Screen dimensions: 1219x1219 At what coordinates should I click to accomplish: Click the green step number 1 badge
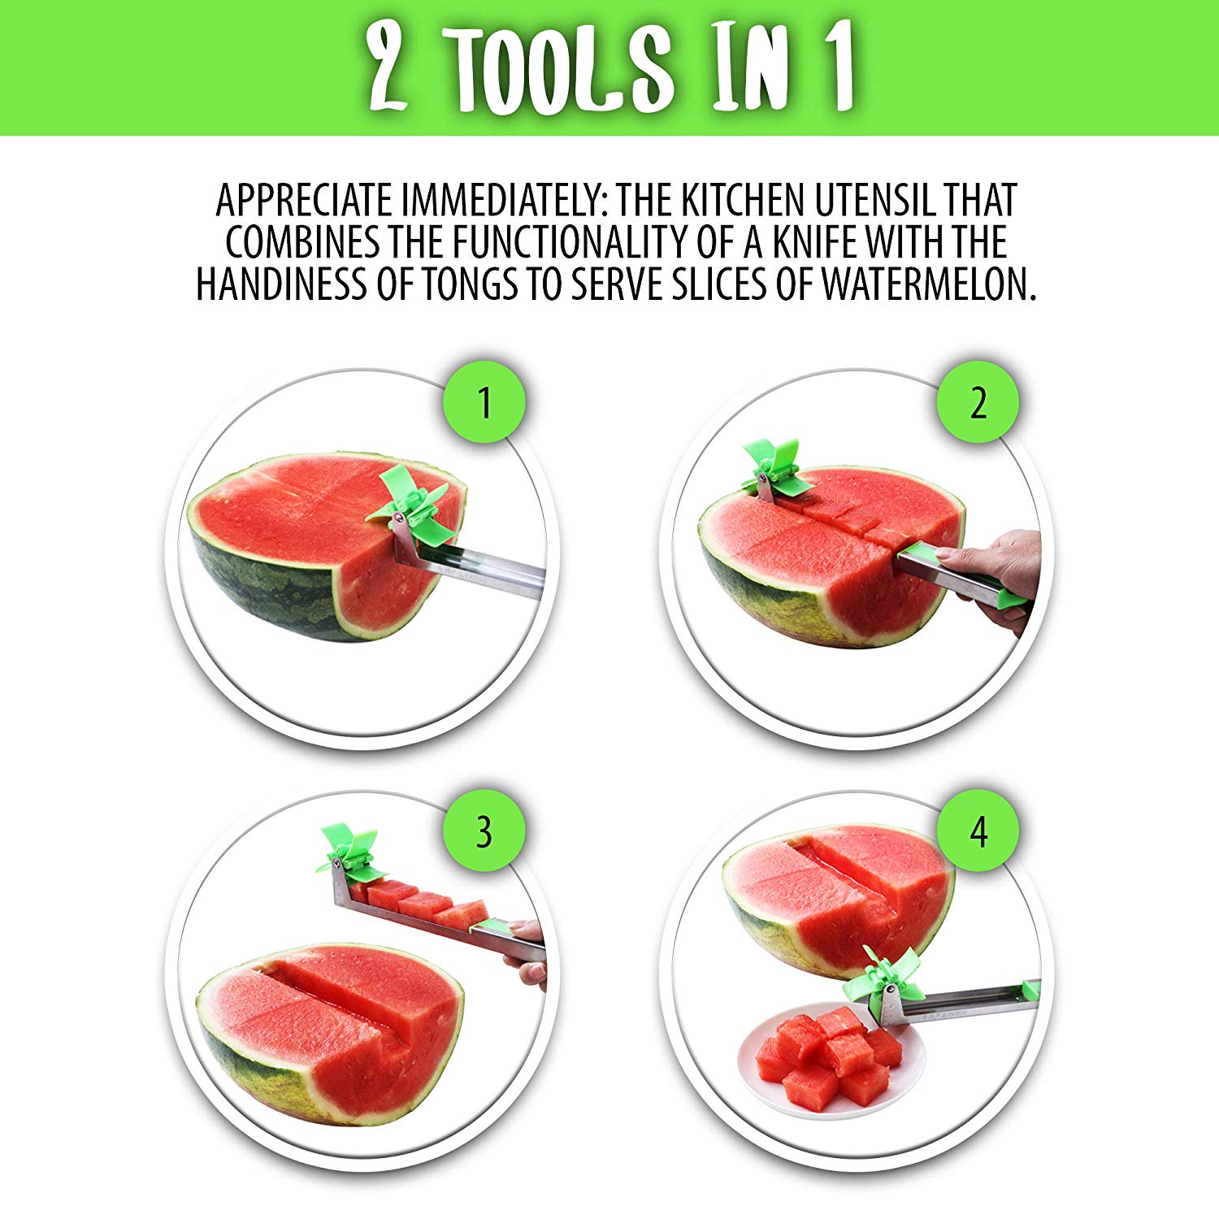pyautogui.click(x=484, y=402)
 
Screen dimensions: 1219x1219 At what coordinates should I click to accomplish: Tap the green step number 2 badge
pyautogui.click(x=978, y=402)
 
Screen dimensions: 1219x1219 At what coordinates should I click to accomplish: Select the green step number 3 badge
pyautogui.click(x=484, y=831)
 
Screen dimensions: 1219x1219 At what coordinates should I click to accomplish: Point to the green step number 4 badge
pyautogui.click(x=978, y=831)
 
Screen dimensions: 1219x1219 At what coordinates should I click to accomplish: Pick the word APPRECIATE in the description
pyautogui.click(x=304, y=200)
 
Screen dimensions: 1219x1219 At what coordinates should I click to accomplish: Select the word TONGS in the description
pyautogui.click(x=469, y=284)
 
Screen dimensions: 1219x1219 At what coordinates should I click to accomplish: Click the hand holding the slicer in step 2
pyautogui.click(x=996, y=569)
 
